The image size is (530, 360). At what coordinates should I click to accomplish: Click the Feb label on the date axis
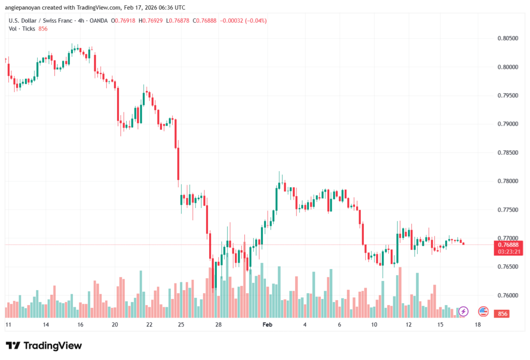[x=267, y=324]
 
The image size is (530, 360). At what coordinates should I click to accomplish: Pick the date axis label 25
[x=181, y=324]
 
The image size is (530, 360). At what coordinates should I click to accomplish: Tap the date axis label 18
[x=477, y=324]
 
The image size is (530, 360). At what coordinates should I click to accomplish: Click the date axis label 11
[x=8, y=324]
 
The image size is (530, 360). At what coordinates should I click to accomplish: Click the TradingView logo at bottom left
[x=43, y=346]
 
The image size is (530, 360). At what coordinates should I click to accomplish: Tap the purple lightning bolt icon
[x=464, y=311]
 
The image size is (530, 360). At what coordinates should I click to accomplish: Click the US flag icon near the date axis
[x=483, y=311]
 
